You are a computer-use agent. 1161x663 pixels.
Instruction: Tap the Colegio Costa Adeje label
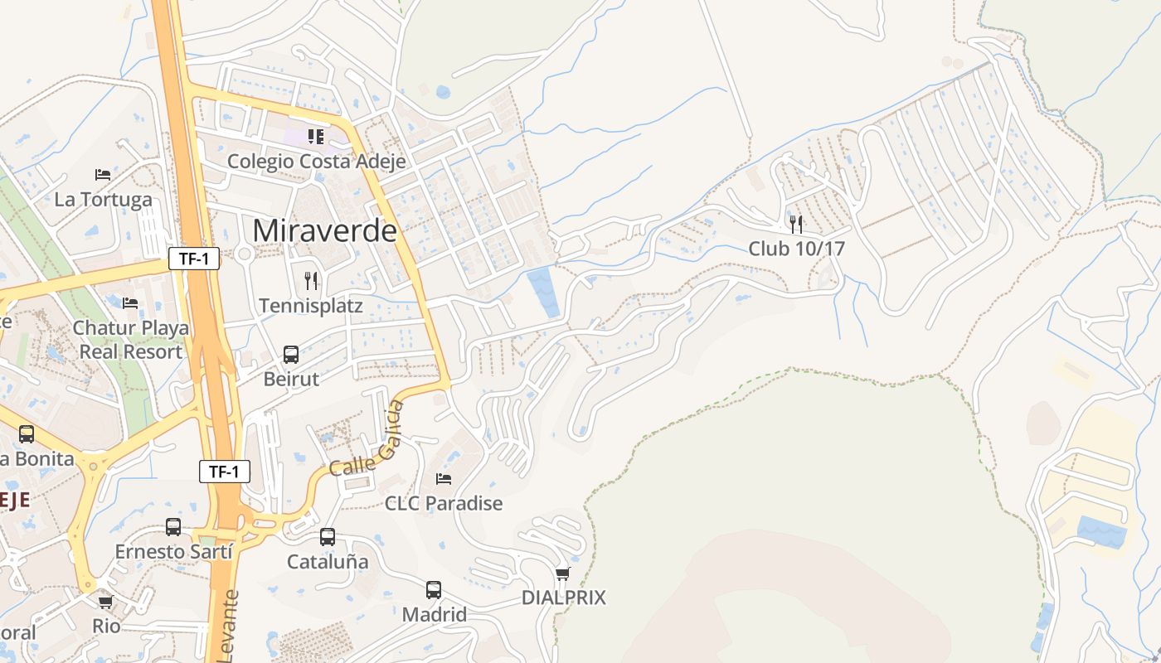[x=316, y=161]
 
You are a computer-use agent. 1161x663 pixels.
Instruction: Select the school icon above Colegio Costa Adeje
[x=316, y=136]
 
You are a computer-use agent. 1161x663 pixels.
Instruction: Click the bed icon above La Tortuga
[x=103, y=174]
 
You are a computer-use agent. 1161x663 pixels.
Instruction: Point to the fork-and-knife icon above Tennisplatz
[x=311, y=280]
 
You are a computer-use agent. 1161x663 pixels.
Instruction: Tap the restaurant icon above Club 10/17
[x=796, y=224]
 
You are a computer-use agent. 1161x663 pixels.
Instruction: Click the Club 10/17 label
[x=796, y=248]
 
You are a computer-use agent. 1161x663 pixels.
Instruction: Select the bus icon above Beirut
[x=291, y=354]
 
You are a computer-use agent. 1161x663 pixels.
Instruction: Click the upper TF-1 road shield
[x=194, y=259]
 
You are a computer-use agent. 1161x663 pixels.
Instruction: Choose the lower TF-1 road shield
[x=225, y=472]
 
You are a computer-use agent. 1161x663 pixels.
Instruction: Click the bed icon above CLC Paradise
[x=444, y=479]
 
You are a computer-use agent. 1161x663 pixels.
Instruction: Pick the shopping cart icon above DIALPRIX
[x=563, y=573]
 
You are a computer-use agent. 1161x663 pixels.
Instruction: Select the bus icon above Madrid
[x=434, y=590]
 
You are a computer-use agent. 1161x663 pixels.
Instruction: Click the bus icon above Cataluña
[x=328, y=537]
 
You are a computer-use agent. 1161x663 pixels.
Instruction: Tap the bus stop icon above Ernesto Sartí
[x=173, y=527]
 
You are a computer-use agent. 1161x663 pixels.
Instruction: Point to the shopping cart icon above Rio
[x=105, y=602]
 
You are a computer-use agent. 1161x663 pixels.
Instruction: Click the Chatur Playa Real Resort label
[x=130, y=339]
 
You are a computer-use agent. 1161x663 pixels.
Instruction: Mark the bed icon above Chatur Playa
[x=130, y=302]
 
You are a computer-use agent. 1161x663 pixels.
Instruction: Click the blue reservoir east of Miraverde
[x=544, y=292]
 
